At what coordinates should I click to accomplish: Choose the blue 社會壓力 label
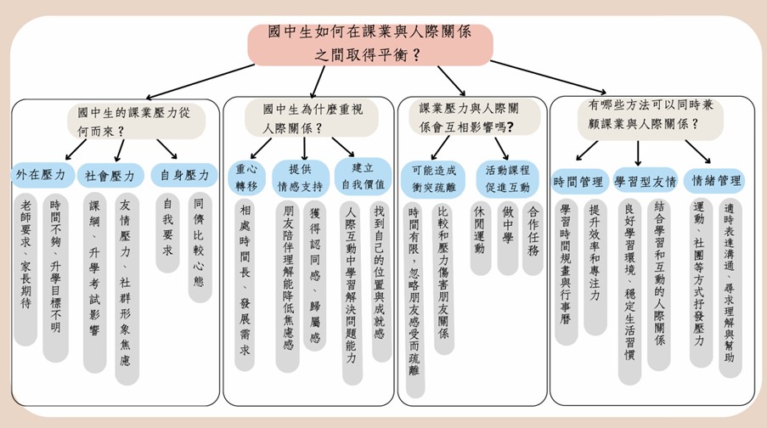[110, 177]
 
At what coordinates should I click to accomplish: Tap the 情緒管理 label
[716, 181]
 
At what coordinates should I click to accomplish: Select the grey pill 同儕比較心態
[200, 248]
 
